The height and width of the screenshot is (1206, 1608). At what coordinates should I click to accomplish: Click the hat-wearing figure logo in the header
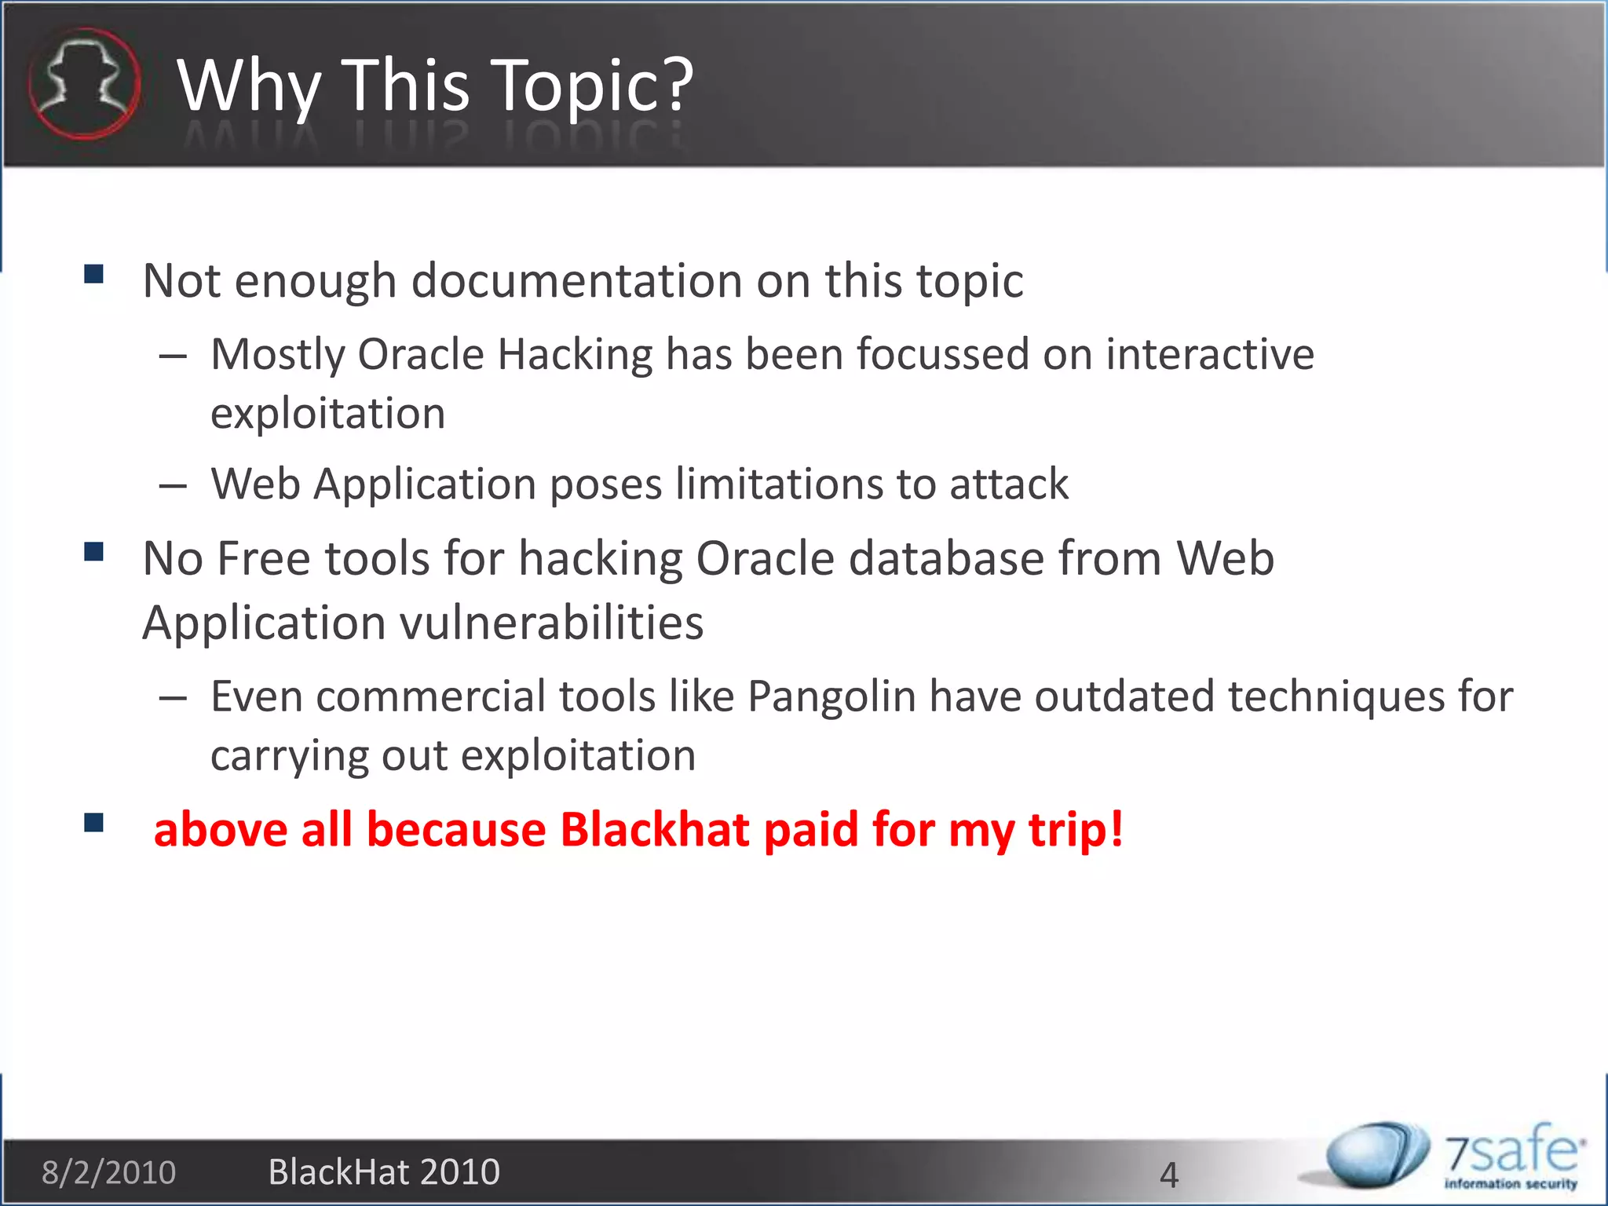point(84,84)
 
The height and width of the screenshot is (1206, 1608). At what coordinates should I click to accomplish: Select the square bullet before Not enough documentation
point(94,273)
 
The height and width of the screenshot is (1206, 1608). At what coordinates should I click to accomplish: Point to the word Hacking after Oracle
point(575,354)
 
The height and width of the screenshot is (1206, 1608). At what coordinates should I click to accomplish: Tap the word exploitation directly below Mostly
point(328,414)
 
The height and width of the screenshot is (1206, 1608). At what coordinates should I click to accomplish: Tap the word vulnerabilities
point(552,623)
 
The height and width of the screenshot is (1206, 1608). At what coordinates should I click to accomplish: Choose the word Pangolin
point(831,696)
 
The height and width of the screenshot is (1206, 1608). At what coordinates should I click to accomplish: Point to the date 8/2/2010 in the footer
point(109,1172)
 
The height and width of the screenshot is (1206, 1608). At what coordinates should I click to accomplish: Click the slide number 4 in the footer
point(1168,1175)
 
